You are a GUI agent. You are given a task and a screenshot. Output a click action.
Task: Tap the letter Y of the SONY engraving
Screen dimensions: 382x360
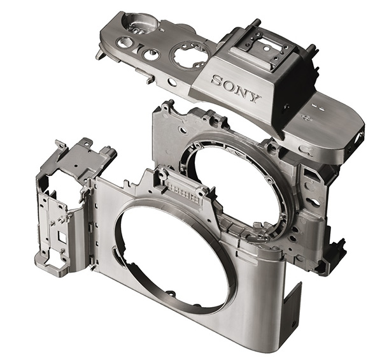click(x=253, y=97)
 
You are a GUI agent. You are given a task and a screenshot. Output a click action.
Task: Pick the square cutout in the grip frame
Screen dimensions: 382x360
click(x=61, y=236)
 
